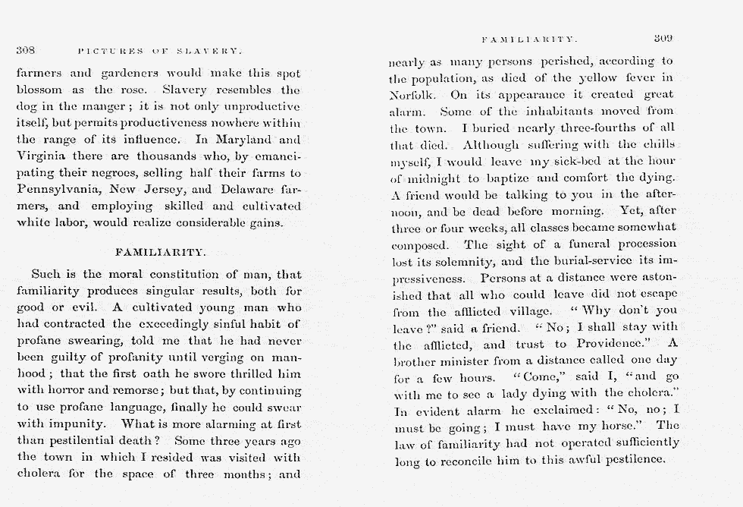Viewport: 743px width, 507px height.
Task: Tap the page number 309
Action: [663, 37]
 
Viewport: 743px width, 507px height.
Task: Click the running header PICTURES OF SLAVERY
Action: [159, 51]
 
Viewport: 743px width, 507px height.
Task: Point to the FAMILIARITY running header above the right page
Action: [530, 38]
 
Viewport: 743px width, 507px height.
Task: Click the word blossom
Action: [40, 90]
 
